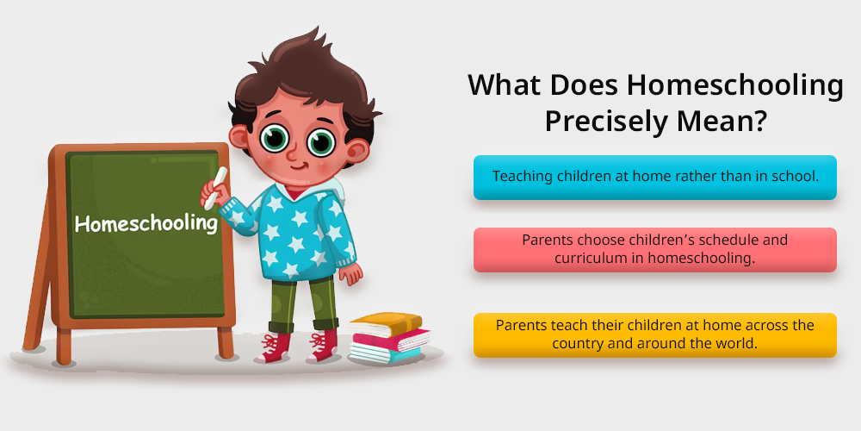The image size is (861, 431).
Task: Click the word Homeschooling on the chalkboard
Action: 146,223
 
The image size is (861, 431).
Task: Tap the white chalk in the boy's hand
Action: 215,188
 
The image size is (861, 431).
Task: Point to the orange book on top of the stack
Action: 386,323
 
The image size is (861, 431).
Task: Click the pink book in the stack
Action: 391,339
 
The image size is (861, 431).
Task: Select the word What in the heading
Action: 505,85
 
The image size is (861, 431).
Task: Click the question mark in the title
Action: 757,120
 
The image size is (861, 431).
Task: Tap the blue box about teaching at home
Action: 655,177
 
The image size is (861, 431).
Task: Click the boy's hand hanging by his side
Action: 351,272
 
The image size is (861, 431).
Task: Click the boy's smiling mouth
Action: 300,165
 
